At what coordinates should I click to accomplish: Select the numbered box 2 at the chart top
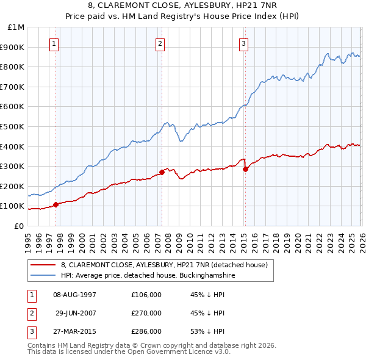click(x=160, y=43)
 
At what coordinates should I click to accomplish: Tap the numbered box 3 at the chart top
click(x=243, y=43)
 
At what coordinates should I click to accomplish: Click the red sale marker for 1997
click(x=56, y=204)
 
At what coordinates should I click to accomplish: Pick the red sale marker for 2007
click(x=162, y=172)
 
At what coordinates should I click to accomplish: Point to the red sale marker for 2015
click(x=245, y=169)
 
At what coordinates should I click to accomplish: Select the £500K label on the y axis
click(x=13, y=127)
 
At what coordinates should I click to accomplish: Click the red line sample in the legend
click(x=44, y=265)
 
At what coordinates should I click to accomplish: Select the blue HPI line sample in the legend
click(x=44, y=276)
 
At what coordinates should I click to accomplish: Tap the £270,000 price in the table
click(x=146, y=313)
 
